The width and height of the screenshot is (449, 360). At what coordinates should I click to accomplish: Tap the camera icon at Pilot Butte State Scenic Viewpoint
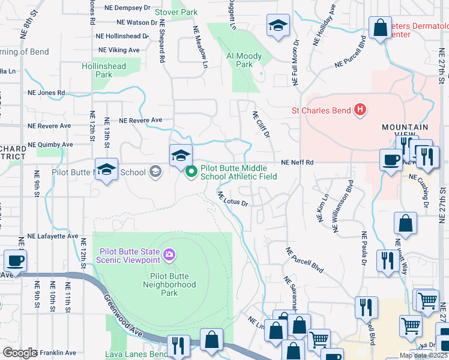click(x=170, y=255)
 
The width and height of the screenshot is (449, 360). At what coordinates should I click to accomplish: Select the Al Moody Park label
click(x=244, y=60)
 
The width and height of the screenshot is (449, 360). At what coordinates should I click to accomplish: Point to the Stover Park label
click(x=176, y=12)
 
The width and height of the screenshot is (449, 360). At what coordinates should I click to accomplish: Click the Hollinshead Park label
click(x=104, y=70)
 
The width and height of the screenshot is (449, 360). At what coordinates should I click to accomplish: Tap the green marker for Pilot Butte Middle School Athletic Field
click(x=191, y=172)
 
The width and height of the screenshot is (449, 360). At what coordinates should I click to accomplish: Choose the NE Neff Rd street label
click(x=298, y=163)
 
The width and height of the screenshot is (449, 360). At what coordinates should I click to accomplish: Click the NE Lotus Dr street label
click(x=233, y=199)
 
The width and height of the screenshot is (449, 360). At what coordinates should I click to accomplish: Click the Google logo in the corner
click(x=20, y=353)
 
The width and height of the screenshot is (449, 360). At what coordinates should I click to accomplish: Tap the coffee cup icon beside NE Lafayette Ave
click(x=15, y=261)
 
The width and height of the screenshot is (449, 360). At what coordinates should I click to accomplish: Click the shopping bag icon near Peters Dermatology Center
click(x=380, y=27)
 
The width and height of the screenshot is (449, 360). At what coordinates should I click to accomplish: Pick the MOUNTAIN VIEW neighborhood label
click(x=405, y=132)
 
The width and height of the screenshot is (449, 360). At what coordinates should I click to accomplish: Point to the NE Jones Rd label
click(x=46, y=93)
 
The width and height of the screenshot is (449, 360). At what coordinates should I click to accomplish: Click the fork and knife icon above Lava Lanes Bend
click(x=178, y=345)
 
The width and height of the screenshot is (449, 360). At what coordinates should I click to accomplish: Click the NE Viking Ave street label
click(x=119, y=50)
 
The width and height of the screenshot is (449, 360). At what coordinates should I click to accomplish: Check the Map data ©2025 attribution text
click(x=423, y=355)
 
